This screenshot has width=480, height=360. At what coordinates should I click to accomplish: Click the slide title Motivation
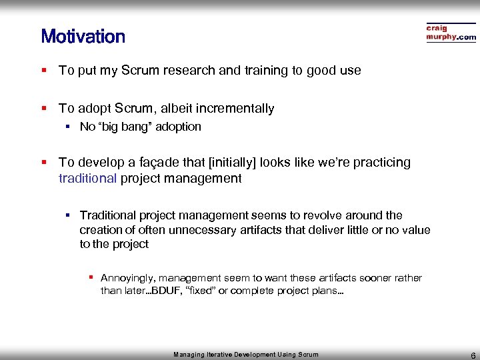[83, 36]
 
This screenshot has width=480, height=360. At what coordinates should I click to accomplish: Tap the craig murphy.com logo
[451, 33]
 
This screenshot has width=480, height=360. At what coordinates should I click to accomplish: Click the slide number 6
[472, 355]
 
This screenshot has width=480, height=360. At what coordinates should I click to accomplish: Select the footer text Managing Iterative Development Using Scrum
[246, 355]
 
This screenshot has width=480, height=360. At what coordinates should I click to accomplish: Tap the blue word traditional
[87, 178]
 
